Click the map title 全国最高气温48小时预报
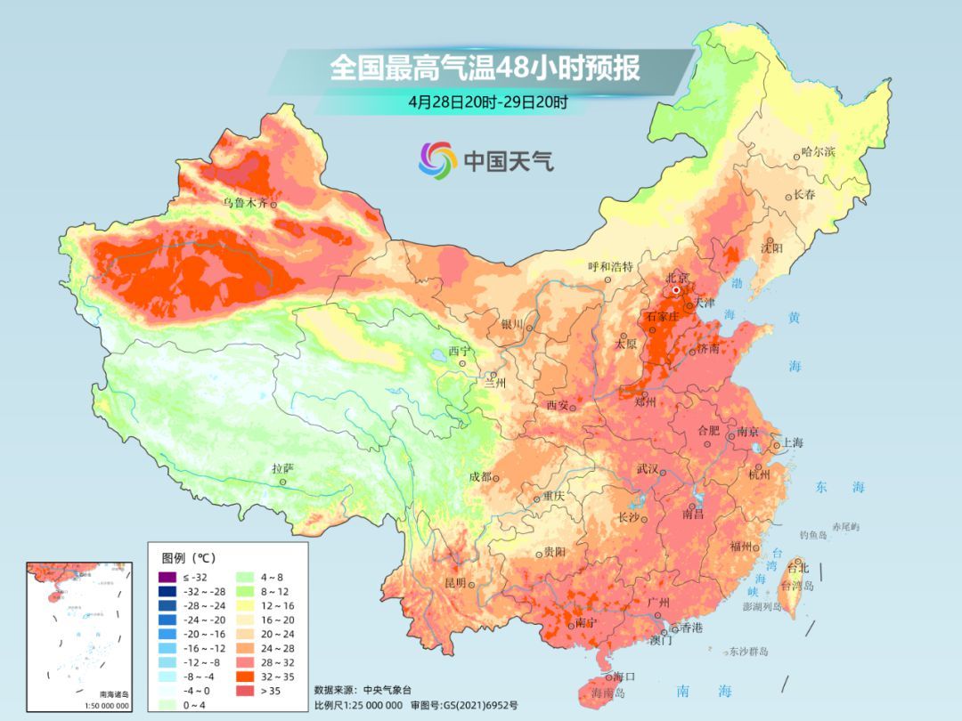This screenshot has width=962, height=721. click(x=485, y=69)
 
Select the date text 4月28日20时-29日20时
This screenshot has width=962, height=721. click(x=488, y=101)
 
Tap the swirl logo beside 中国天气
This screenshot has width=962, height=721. click(x=437, y=160)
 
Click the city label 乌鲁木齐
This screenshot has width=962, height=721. click(x=245, y=203)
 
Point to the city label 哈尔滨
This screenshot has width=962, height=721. click(x=819, y=152)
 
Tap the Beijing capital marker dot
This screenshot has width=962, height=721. click(x=677, y=290)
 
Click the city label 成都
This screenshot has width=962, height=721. click(x=480, y=476)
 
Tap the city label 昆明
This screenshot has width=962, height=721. click(x=454, y=583)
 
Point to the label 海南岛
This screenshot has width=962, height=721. click(x=609, y=693)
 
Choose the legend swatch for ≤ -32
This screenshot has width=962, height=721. click(x=167, y=577)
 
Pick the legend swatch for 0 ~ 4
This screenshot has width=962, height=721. click(x=167, y=705)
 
